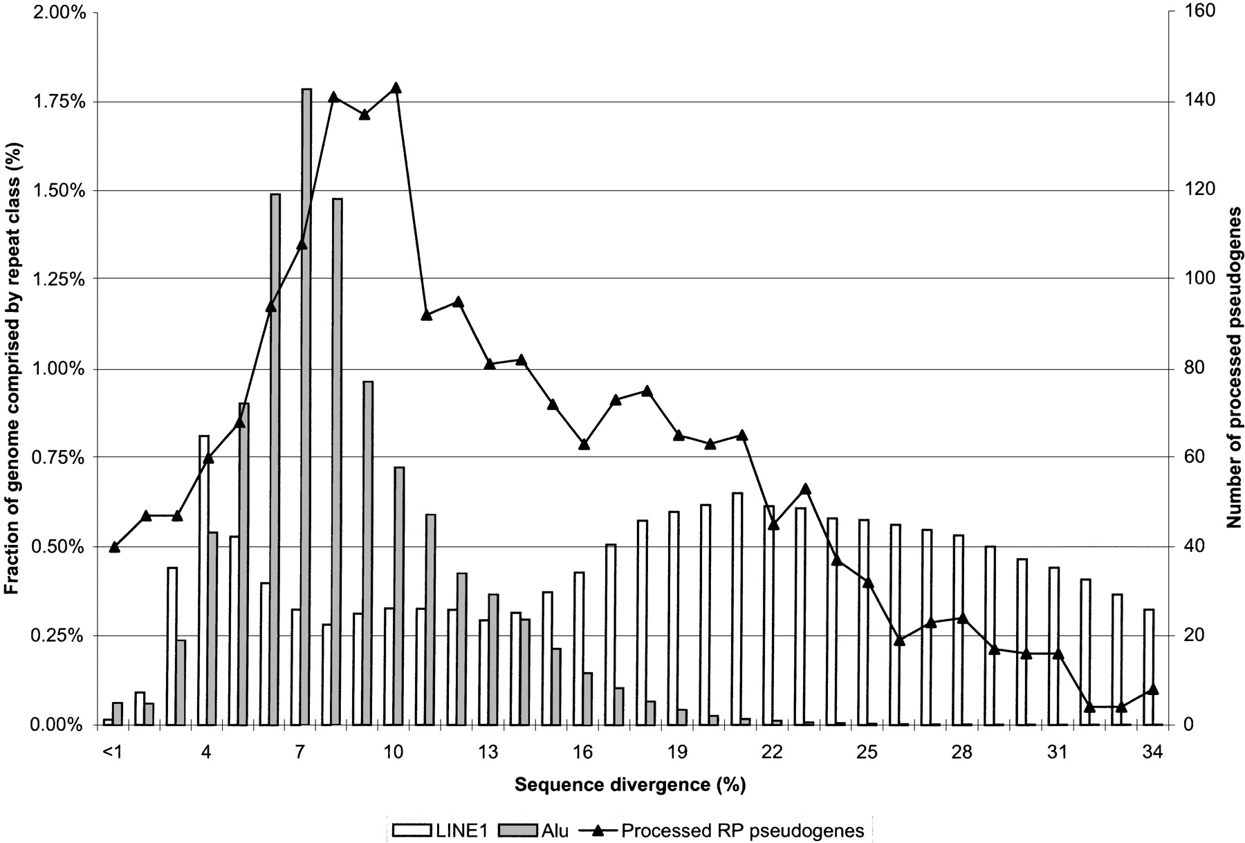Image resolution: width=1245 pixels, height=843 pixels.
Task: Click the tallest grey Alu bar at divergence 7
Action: pos(306,407)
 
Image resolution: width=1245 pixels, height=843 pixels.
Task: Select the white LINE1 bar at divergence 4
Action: pos(204,580)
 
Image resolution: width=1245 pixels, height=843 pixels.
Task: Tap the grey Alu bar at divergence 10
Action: pos(399,596)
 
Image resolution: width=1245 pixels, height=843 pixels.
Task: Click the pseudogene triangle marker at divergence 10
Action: pos(396,88)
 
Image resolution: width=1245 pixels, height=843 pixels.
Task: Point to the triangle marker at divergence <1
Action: pos(115,547)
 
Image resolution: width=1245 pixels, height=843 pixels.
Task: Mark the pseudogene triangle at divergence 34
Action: pos(1152,689)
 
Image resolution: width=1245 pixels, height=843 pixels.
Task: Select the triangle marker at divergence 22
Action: pos(774,524)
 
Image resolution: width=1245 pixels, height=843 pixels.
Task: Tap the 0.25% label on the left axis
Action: pos(61,636)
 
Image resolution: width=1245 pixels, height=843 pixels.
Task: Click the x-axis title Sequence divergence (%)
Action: pos(630,785)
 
